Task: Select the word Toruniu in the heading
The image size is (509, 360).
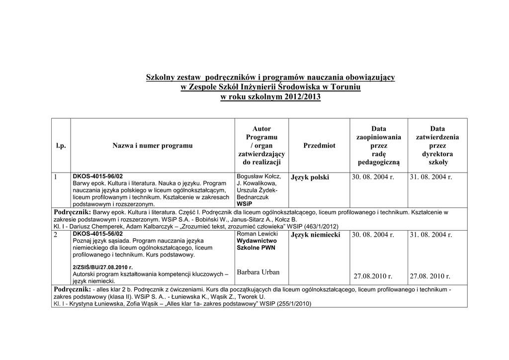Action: coord(342,88)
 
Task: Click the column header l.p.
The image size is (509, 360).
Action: coord(61,146)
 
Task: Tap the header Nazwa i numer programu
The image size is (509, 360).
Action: coord(152,146)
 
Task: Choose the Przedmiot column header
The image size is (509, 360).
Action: coord(319,146)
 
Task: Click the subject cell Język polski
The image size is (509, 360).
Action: coord(310,178)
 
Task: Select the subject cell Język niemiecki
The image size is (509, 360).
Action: coord(315,235)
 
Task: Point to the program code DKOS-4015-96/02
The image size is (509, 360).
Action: coord(97,177)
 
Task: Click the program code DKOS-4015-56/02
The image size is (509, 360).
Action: coord(97,233)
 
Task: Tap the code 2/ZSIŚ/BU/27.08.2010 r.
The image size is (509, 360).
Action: coord(103,267)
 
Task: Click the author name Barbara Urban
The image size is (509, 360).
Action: coord(258,272)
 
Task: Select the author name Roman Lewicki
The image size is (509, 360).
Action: coord(257,234)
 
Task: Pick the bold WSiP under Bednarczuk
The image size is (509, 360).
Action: coord(244,204)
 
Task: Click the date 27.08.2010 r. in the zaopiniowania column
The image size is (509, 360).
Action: coord(373,276)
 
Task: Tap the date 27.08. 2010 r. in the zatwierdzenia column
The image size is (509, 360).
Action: coord(430,276)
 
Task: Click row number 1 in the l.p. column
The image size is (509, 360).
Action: coord(56,177)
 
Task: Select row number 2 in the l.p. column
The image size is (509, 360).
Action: coord(56,234)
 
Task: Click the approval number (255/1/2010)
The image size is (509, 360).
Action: coord(294,304)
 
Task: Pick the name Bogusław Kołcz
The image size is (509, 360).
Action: coord(258,177)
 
